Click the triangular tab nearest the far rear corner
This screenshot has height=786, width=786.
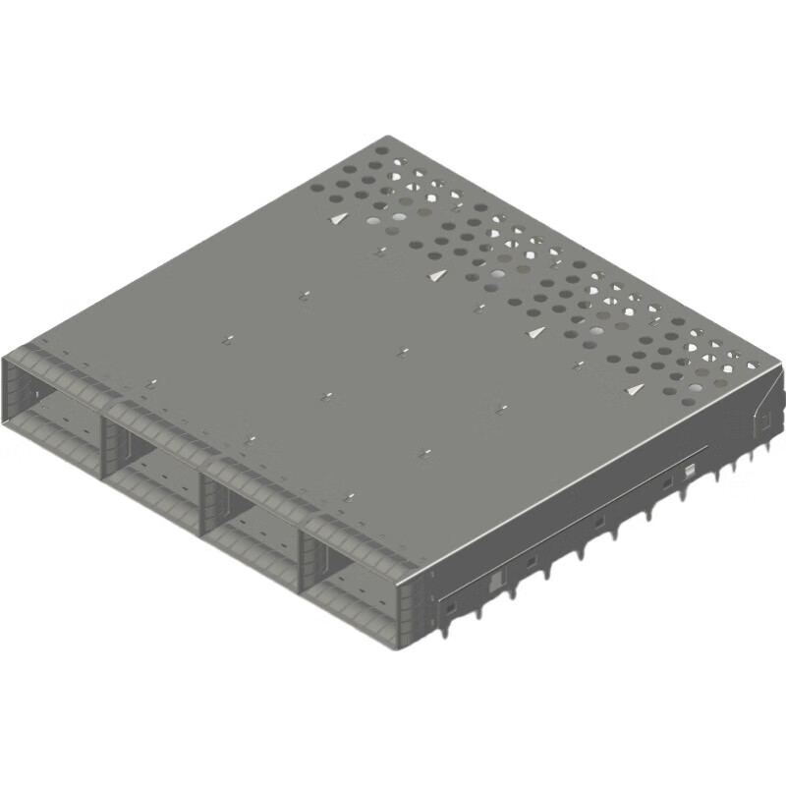338,219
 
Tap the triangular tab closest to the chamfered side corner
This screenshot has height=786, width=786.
634,390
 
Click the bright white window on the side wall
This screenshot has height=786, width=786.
690,471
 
